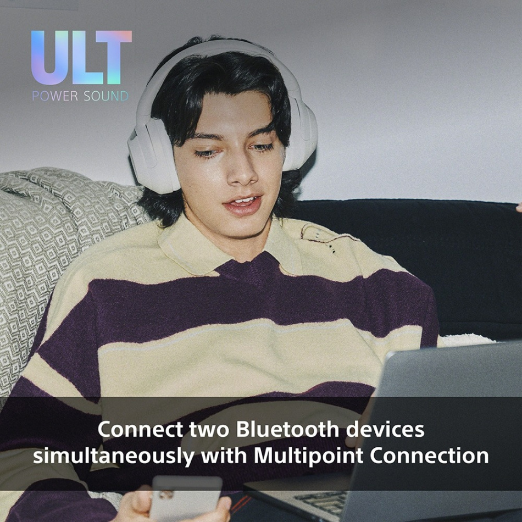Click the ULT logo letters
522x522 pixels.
pyautogui.click(x=81, y=58)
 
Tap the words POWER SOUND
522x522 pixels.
pyautogui.click(x=80, y=96)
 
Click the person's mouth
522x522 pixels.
pyautogui.click(x=242, y=203)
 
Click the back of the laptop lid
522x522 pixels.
pyautogui.click(x=451, y=385)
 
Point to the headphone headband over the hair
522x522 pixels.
pyautogui.click(x=220, y=49)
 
